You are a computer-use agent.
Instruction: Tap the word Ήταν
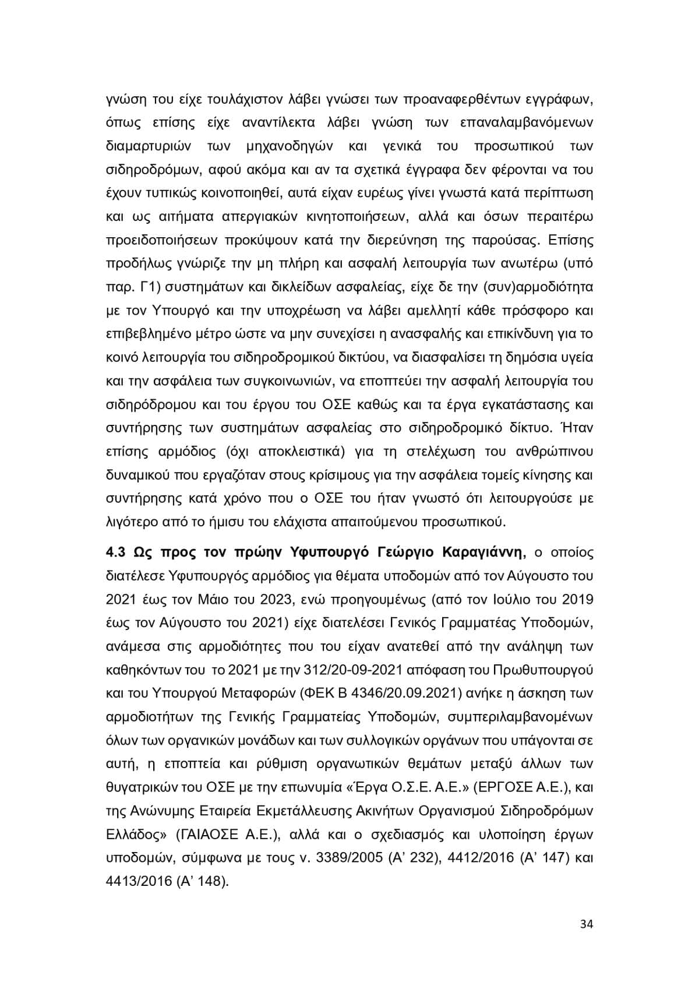click(577, 428)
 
